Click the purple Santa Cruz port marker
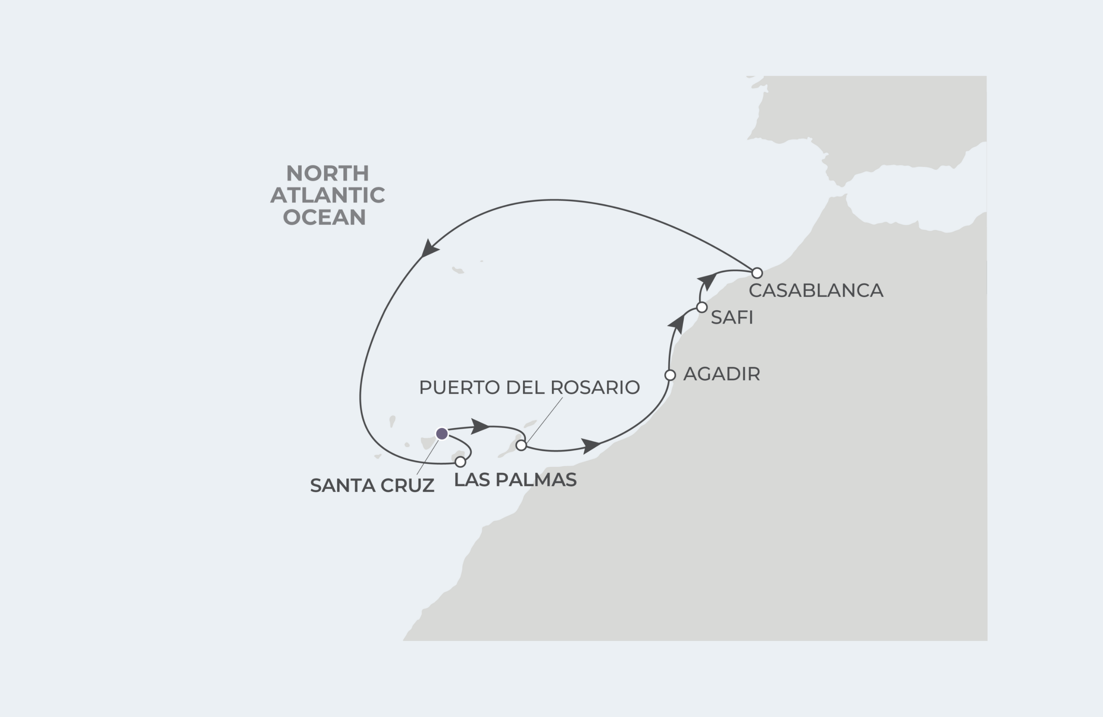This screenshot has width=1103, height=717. [x=442, y=434]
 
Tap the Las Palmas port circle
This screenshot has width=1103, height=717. [x=460, y=462]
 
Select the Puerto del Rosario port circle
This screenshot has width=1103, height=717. [x=521, y=445]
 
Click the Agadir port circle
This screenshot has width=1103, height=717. [x=670, y=375]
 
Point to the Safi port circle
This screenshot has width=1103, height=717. [x=702, y=307]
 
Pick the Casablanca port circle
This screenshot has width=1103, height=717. [x=757, y=272]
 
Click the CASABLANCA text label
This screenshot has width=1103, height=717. [x=816, y=290]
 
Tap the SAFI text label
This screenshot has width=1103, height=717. [x=732, y=318]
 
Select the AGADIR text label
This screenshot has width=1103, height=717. [x=721, y=374]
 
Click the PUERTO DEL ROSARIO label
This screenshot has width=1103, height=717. [x=529, y=387]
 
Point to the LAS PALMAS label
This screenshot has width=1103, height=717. [x=515, y=480]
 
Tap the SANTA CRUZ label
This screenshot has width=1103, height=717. [x=372, y=486]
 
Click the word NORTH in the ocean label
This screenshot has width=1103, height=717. [x=327, y=173]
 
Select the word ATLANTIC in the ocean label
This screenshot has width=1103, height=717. [x=327, y=195]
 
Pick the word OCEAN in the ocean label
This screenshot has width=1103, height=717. [x=324, y=217]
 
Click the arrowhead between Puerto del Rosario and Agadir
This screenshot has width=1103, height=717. [x=591, y=445]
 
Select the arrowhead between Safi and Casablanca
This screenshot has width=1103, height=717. [x=707, y=280]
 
